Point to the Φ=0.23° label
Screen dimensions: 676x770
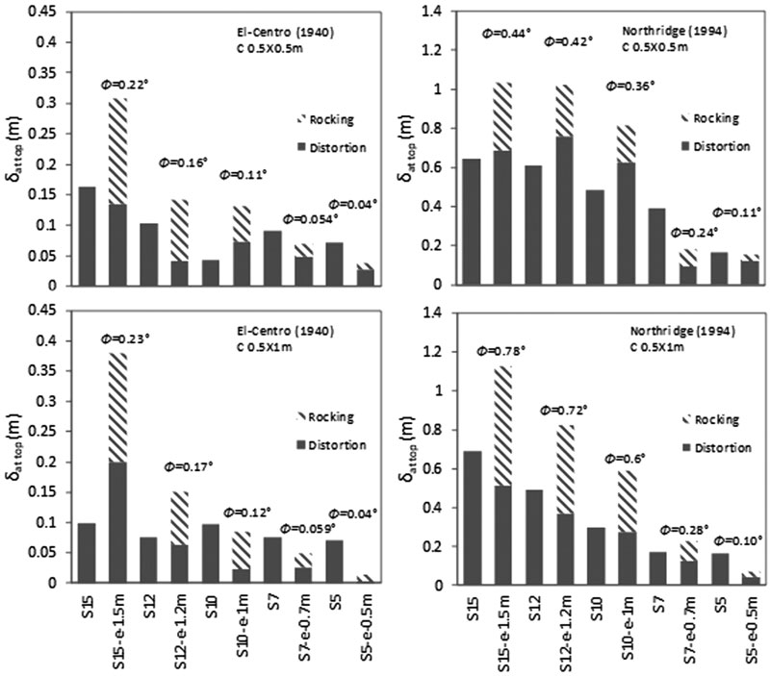click(x=124, y=338)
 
